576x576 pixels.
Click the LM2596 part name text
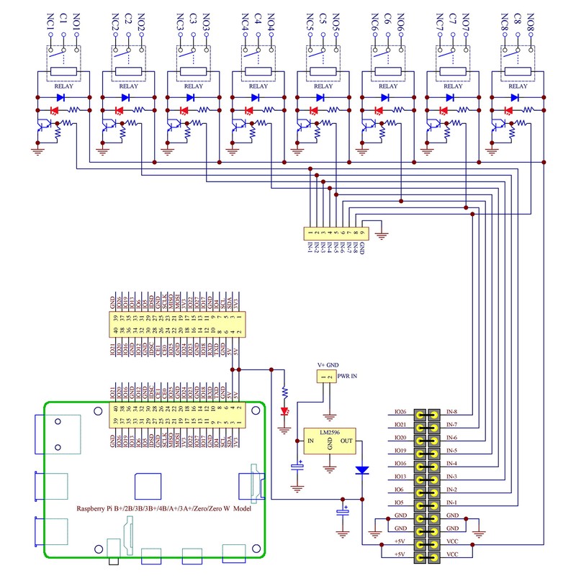point(330,433)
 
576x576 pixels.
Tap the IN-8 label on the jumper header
point(452,413)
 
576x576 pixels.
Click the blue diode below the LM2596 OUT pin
point(362,470)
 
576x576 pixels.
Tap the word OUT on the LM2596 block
point(346,441)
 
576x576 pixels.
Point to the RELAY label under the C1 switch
point(64,86)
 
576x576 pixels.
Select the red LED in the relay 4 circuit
point(248,111)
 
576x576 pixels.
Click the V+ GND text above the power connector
point(327,366)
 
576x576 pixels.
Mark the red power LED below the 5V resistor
point(284,411)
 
